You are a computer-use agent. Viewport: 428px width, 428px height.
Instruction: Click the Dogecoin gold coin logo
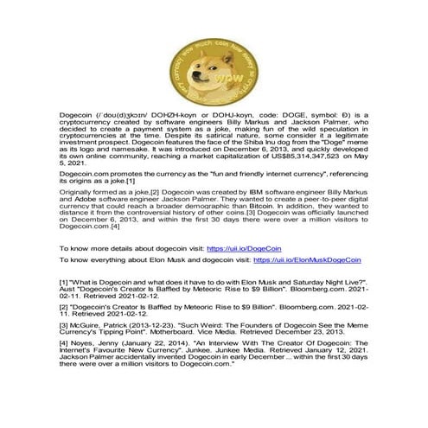click(214, 59)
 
